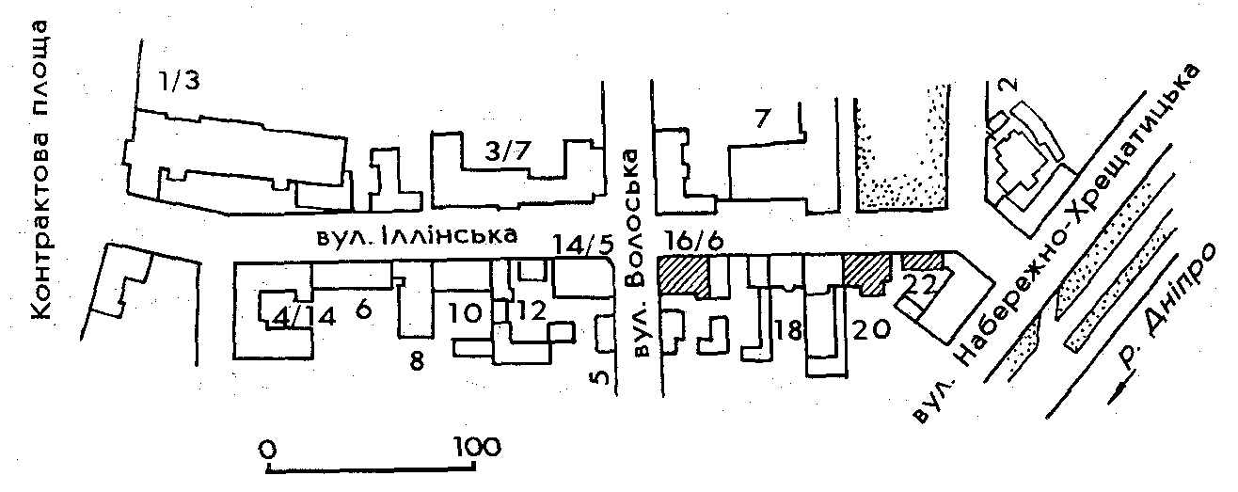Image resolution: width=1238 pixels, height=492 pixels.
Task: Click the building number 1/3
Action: pyautogui.click(x=179, y=81)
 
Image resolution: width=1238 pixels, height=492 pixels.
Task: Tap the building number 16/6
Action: pyautogui.click(x=694, y=242)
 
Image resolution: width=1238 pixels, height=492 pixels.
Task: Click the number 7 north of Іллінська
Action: pyautogui.click(x=762, y=119)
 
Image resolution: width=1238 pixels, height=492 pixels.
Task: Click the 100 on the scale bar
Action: pyautogui.click(x=476, y=445)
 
